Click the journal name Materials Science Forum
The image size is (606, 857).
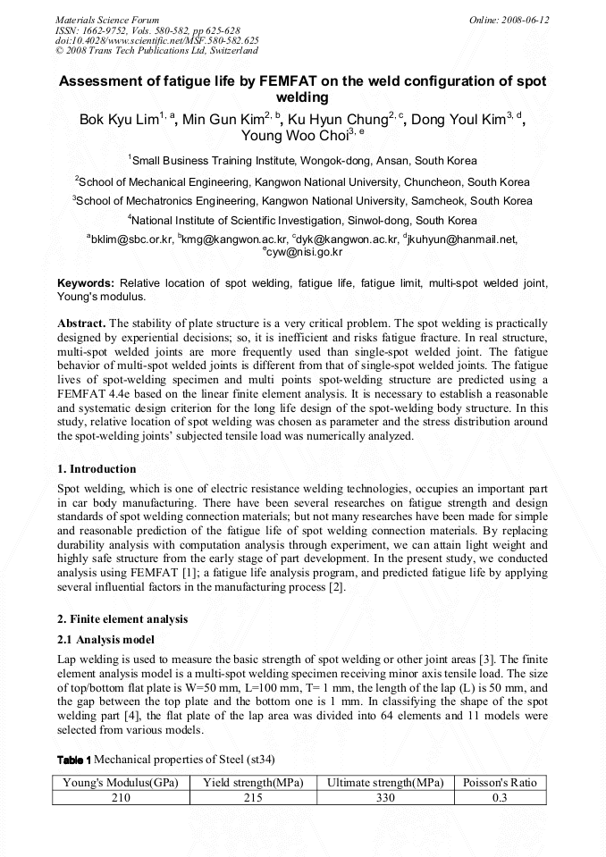pyautogui.click(x=107, y=20)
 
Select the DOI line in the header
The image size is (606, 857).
pyautogui.click(x=157, y=40)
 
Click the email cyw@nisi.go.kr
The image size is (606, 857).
pyautogui.click(x=305, y=252)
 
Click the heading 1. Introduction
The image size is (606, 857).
pyautogui.click(x=97, y=469)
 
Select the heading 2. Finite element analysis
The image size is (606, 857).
pyautogui.click(x=122, y=619)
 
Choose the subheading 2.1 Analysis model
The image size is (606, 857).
pyautogui.click(x=105, y=640)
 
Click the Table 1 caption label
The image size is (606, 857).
pyautogui.click(x=74, y=760)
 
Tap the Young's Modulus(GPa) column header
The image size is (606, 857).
pyautogui.click(x=121, y=783)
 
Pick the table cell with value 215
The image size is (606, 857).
pyautogui.click(x=252, y=797)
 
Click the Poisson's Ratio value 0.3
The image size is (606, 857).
pyautogui.click(x=501, y=797)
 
